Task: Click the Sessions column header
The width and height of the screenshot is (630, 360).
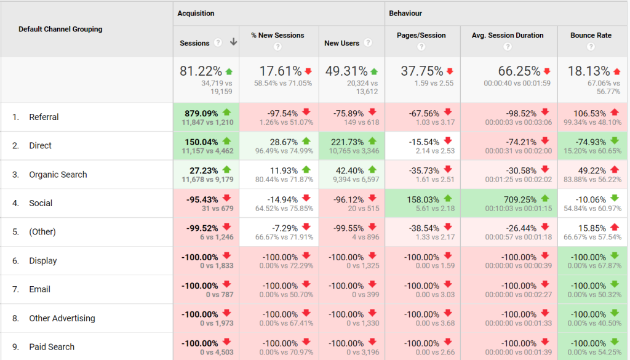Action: pyautogui.click(x=194, y=43)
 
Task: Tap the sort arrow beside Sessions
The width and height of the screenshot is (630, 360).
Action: pyautogui.click(x=233, y=42)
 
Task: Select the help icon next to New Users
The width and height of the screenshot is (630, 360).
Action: pyautogui.click(x=368, y=43)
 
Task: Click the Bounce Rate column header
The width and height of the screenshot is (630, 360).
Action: pyautogui.click(x=591, y=35)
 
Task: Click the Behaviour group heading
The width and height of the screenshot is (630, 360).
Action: pyautogui.click(x=405, y=13)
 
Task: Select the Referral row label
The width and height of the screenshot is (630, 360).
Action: pyautogui.click(x=44, y=117)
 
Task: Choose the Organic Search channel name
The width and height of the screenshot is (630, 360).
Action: pyautogui.click(x=58, y=175)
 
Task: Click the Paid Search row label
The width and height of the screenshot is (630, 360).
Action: pyautogui.click(x=52, y=347)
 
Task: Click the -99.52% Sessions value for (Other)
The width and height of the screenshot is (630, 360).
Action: pyautogui.click(x=199, y=228)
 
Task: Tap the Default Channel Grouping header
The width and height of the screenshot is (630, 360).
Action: pyautogui.click(x=60, y=29)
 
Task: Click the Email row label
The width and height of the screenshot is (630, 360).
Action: pyautogui.click(x=39, y=289)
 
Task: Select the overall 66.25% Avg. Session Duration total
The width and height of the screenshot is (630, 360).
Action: pyautogui.click(x=503, y=71)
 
